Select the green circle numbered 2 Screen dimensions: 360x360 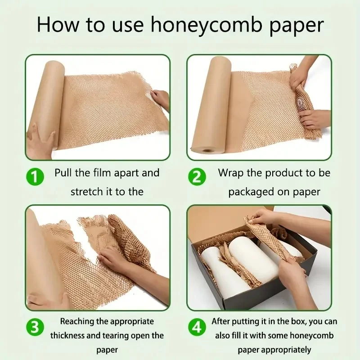pyautogui.click(x=196, y=177)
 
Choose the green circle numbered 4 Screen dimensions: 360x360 pyautogui.click(x=196, y=328)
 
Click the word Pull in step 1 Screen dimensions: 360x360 pyautogui.click(x=64, y=173)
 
